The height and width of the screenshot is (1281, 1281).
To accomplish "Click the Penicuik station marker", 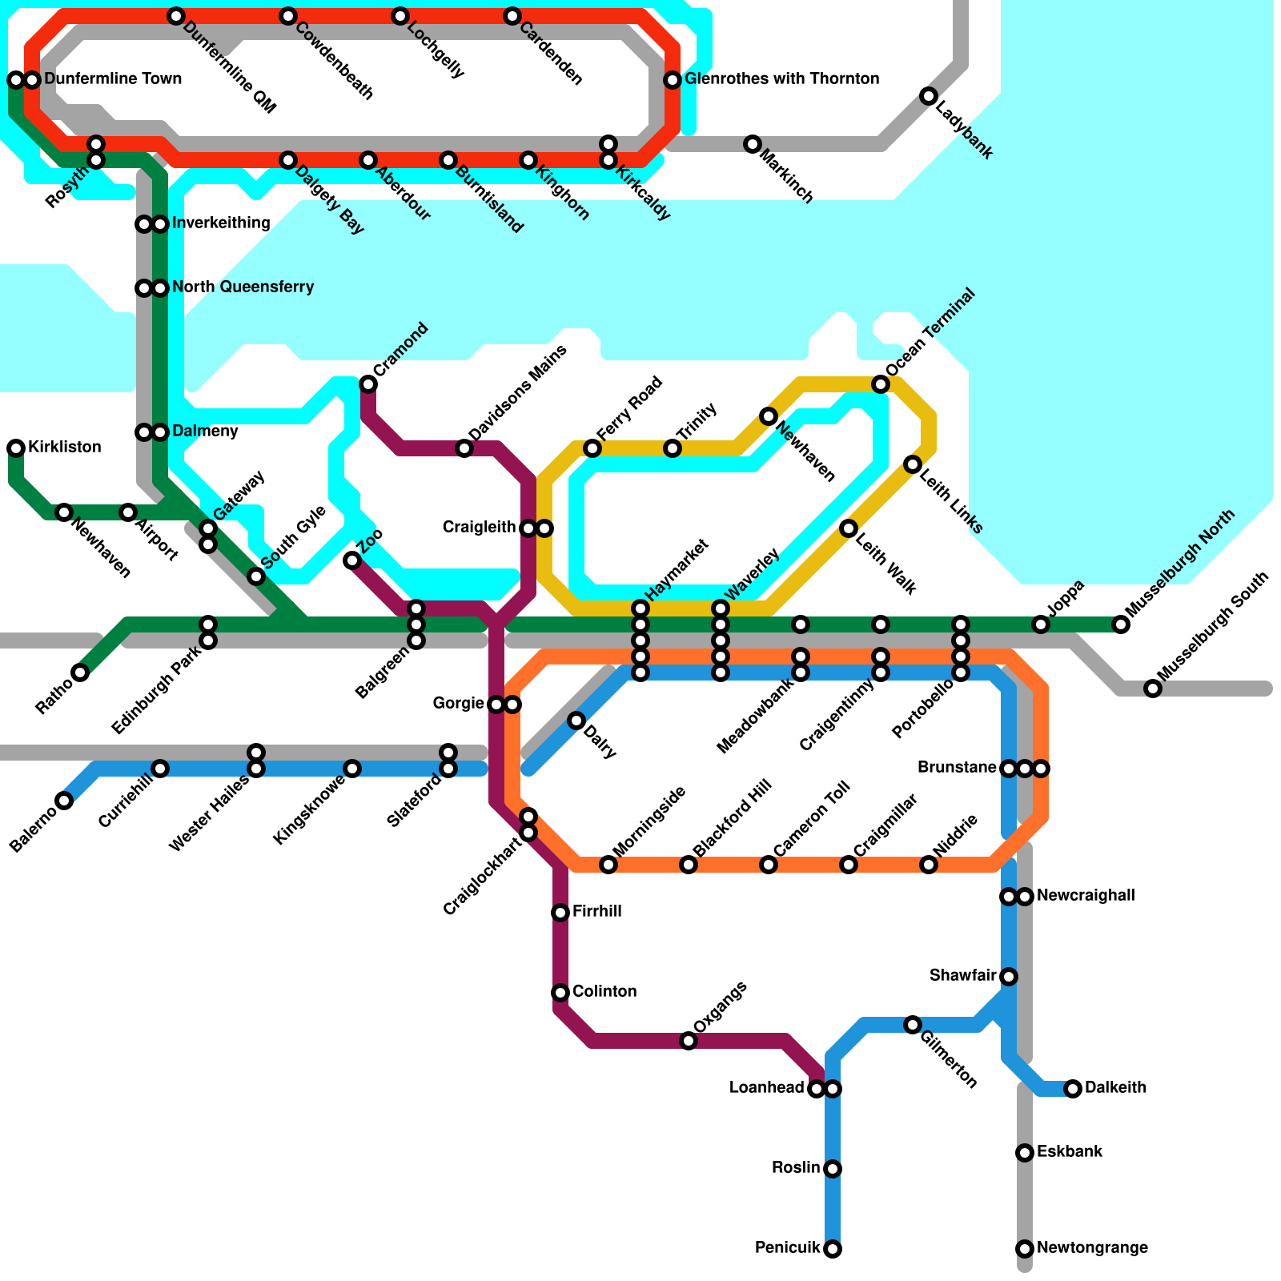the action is [x=833, y=1249].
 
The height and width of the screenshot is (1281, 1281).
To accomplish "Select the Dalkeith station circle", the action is [x=1073, y=1089].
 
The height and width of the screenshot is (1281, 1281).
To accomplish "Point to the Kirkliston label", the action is [x=65, y=447].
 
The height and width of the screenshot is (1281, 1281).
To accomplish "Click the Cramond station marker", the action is [x=368, y=384].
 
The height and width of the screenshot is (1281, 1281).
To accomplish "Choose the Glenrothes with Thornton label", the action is [x=782, y=79].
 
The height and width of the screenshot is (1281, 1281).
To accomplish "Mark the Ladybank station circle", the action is [x=929, y=96].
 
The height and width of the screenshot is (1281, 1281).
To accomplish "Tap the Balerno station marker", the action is [x=64, y=801].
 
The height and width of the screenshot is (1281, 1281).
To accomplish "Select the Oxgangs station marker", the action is [x=689, y=1041].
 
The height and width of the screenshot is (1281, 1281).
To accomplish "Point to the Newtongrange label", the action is [x=1092, y=1248].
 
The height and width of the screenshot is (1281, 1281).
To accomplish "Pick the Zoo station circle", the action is [x=352, y=560].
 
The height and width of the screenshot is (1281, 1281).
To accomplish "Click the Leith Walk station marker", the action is [x=849, y=528].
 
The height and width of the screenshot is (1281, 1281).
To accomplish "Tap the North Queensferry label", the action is [x=243, y=287].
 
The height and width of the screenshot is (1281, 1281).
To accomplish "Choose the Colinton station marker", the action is [x=560, y=993].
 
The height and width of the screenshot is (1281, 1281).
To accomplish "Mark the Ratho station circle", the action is [x=80, y=673].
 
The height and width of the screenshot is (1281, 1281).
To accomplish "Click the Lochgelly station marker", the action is [x=400, y=16].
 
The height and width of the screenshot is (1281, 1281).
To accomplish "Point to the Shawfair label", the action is [x=962, y=976].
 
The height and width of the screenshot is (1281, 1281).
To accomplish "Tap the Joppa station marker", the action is [x=1041, y=624].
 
